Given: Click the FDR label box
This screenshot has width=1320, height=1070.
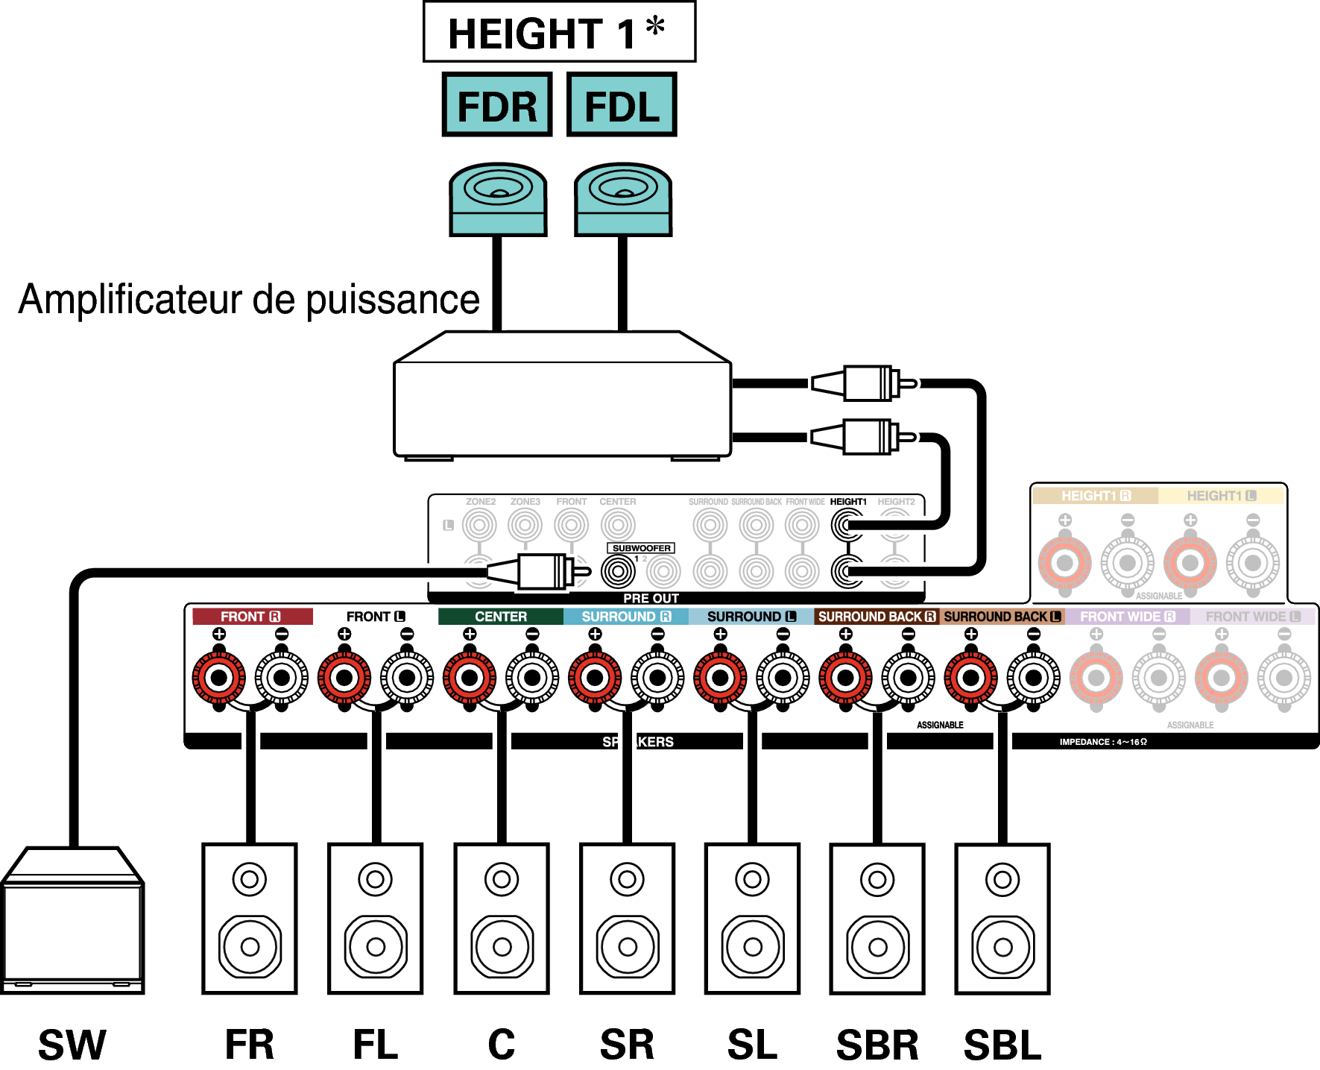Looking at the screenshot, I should coord(496,105).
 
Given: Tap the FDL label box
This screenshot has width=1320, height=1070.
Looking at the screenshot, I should coord(622,105).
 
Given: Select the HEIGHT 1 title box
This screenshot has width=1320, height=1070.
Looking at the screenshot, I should coord(559,32).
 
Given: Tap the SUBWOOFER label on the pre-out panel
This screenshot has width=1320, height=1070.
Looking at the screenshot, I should coord(641,548).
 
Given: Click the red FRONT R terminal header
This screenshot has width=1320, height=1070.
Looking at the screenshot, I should coord(252,617).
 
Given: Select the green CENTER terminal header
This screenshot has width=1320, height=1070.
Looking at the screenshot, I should coord(501,617).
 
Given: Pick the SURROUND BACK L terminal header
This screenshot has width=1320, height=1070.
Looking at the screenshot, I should coord(1002,617).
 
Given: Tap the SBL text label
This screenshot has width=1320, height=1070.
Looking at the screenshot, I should coord(1002,1045).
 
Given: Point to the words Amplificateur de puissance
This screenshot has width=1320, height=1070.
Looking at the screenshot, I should coord(249,300).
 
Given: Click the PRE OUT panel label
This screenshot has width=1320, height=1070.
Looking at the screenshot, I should coord(651,598).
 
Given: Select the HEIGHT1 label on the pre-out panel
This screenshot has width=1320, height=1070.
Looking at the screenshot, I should coord(848,502).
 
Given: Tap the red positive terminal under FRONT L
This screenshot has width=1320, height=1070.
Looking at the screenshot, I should coord(344,678).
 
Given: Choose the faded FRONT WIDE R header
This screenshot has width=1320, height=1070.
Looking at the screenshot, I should coord(1127,617).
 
